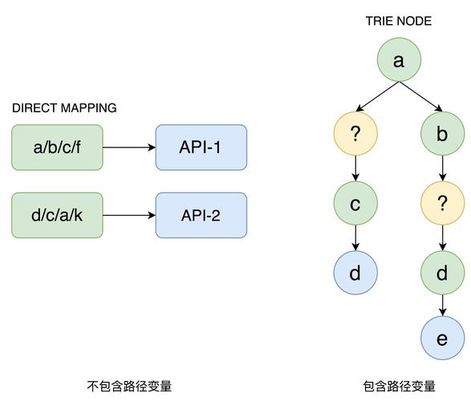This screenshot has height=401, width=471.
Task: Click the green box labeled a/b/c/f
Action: point(57,148)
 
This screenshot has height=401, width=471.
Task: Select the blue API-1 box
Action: point(201,148)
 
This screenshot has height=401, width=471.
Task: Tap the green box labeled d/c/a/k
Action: point(57,215)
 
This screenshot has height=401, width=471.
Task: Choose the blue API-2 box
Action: point(201,215)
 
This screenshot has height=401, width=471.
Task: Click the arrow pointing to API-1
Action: point(129,148)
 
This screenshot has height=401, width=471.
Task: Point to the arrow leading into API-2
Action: point(129,215)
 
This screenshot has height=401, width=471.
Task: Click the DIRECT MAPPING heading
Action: point(64,108)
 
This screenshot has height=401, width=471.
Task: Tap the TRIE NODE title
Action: point(399,21)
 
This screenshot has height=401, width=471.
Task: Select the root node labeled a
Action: point(399,59)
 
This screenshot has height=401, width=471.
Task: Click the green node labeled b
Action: point(442,134)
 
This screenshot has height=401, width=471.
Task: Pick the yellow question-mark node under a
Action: point(355,134)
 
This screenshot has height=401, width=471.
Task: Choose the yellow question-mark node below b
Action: point(442,203)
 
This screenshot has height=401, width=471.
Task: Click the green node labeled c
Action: point(355,203)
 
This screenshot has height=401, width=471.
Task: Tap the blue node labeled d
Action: point(355,273)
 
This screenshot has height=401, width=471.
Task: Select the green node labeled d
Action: point(442,273)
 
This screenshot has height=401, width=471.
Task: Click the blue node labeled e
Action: point(442,338)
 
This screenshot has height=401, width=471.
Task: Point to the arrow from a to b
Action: point(420,97)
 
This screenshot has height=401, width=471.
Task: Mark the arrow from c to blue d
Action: point(355,237)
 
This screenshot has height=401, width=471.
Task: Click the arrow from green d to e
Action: point(442,306)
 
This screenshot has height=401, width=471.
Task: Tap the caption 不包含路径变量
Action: point(129,386)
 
